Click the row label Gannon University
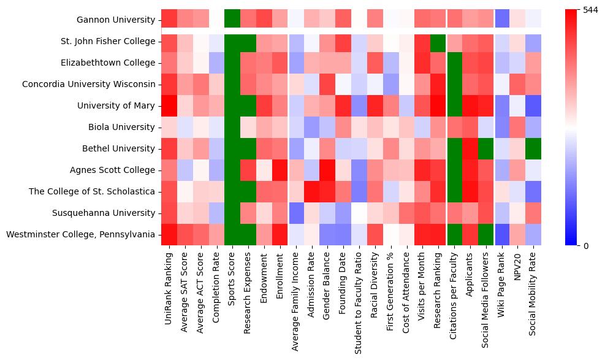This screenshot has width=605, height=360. pyautogui.click(x=115, y=20)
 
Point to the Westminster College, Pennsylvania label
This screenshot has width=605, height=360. pyautogui.click(x=80, y=235)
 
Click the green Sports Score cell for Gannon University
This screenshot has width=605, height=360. pyautogui.click(x=232, y=20)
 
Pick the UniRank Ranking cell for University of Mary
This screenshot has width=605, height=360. pyautogui.click(x=169, y=106)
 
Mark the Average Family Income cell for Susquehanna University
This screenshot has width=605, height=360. pyautogui.click(x=296, y=213)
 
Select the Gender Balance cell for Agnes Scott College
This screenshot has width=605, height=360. pyautogui.click(x=328, y=170)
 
